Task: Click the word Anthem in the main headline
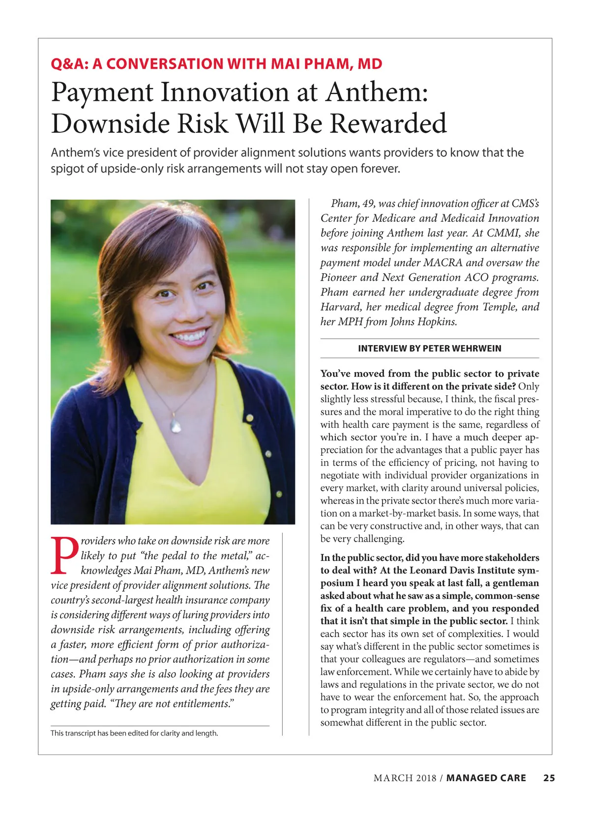[377, 92]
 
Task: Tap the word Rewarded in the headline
[388, 123]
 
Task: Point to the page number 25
[549, 778]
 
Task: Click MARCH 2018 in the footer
[405, 778]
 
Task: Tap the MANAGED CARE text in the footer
[486, 778]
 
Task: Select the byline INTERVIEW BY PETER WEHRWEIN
[430, 349]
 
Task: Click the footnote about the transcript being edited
[134, 733]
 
